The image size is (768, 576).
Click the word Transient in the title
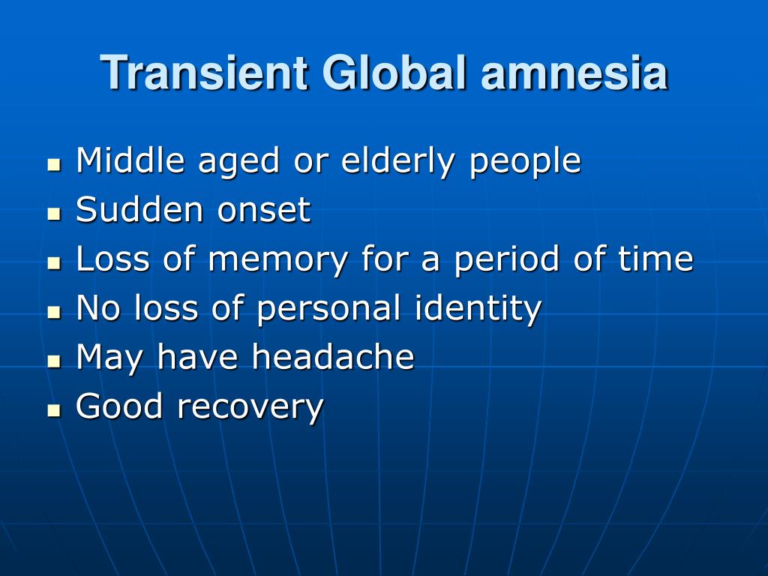pos(205,73)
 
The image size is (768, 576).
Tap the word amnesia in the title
pos(574,73)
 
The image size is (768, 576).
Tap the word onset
pos(264,211)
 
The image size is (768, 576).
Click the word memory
pos(278,260)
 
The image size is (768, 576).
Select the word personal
pos(333,309)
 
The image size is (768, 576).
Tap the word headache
pos(333,358)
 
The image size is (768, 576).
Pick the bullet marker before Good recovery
pos(52,410)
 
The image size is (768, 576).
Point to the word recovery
pos(250,408)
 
